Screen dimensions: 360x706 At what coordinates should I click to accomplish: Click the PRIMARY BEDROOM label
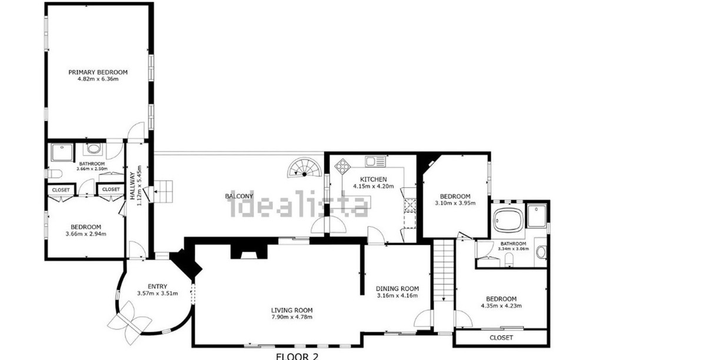pyautogui.click(x=98, y=72)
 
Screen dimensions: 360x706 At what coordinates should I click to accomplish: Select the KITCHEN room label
pyautogui.click(x=374, y=179)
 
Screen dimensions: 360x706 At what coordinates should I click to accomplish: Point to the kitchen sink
pyautogui.click(x=374, y=160)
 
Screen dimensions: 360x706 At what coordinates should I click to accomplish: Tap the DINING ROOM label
pyautogui.click(x=397, y=289)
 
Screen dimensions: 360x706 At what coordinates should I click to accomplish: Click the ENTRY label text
pyautogui.click(x=157, y=286)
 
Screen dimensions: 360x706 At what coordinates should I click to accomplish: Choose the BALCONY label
pyautogui.click(x=239, y=196)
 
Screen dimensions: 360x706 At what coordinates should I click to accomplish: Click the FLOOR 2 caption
pyautogui.click(x=297, y=356)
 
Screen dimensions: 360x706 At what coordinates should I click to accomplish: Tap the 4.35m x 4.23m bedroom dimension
pyautogui.click(x=501, y=306)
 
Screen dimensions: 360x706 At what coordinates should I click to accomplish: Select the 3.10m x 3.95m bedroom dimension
pyautogui.click(x=455, y=203)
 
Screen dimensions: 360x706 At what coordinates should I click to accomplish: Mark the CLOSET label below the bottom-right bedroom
pyautogui.click(x=501, y=338)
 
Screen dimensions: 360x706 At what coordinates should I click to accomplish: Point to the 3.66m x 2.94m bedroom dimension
pyautogui.click(x=86, y=234)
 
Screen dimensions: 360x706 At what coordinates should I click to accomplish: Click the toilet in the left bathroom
pyautogui.click(x=55, y=173)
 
